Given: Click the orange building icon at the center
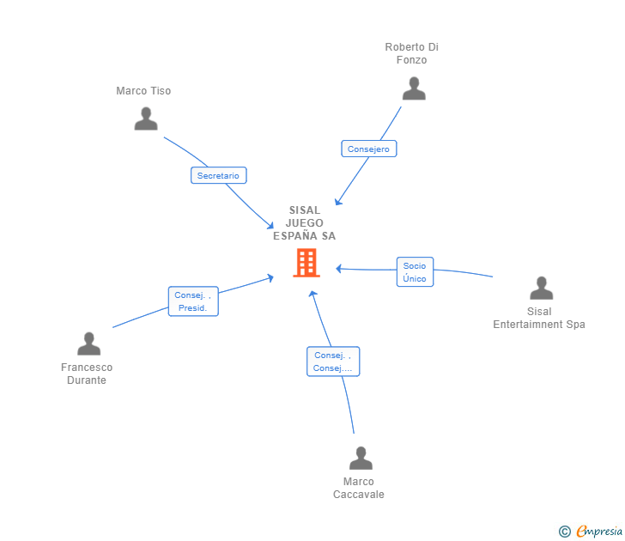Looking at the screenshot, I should point(306,263).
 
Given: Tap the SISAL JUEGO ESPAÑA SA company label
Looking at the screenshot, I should point(304,223).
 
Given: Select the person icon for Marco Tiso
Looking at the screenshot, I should point(146,119).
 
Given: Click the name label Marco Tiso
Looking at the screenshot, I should point(143,91).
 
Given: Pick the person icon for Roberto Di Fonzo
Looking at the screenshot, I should point(414,89).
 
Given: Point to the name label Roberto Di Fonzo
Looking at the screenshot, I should point(411,53).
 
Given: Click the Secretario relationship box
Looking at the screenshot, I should point(218,175).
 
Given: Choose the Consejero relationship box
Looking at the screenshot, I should point(368,149).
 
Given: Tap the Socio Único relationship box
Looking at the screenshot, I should point(415,272).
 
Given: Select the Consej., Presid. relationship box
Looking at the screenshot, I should point(193,301).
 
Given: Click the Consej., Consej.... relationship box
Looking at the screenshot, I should point(333,362).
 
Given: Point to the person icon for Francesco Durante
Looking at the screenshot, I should point(88,344).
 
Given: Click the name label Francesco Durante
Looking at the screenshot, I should point(87,374).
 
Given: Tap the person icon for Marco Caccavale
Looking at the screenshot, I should point(361,459).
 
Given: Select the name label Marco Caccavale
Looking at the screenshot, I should point(359,488).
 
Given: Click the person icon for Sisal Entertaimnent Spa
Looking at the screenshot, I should point(541,289).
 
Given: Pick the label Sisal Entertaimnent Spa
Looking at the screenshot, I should point(539,318).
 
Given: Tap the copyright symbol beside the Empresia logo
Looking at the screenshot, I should point(564,532).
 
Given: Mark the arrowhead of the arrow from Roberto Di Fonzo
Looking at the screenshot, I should point(337,203).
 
